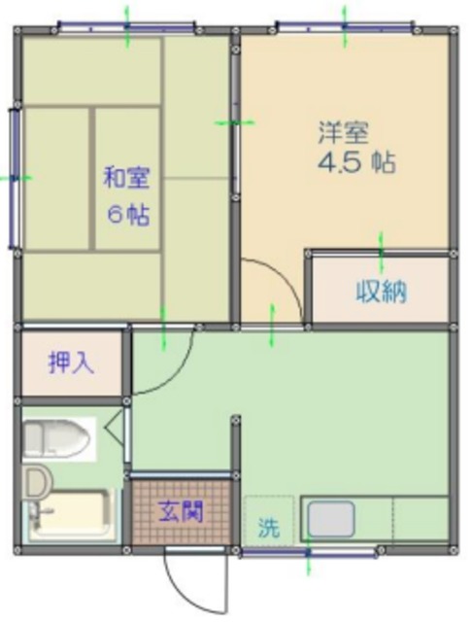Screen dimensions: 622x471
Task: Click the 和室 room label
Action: (x=126, y=179)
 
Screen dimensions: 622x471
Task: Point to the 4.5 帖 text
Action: (x=355, y=162)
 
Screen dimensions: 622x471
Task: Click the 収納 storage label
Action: (x=380, y=291)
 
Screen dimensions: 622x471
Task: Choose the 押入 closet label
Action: (x=72, y=363)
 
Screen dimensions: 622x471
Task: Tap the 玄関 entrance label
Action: (x=182, y=511)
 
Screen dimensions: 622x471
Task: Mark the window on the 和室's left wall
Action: (x=15, y=177)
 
